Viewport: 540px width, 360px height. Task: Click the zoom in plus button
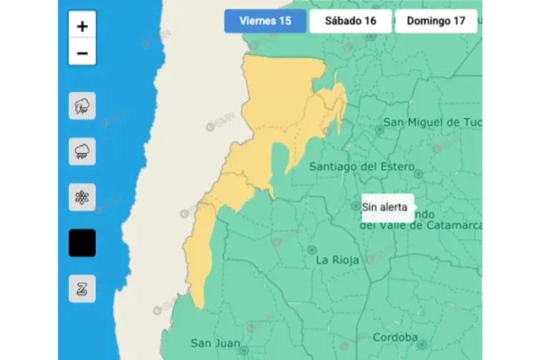point(82,26)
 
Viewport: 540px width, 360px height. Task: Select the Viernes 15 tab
point(265,21)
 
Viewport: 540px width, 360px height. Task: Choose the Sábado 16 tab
point(351,21)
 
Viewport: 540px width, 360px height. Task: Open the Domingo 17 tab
point(436,21)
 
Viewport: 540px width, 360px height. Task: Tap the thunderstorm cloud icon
point(82,106)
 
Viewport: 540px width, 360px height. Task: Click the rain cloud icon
point(82,151)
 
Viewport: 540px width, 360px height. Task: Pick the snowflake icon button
point(82,197)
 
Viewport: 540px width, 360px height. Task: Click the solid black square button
point(82,243)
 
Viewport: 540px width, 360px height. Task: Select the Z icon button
point(82,289)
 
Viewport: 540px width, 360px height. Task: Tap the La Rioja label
point(338,260)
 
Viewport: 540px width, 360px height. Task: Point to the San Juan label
point(211,343)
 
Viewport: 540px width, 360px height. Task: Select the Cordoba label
point(395,338)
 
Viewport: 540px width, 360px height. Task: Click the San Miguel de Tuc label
point(432,122)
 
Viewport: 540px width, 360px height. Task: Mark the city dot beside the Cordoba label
point(422,344)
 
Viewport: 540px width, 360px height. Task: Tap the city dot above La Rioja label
point(312,250)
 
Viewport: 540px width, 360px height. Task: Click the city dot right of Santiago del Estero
point(418,174)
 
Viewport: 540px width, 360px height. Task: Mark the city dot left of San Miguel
point(379,130)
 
